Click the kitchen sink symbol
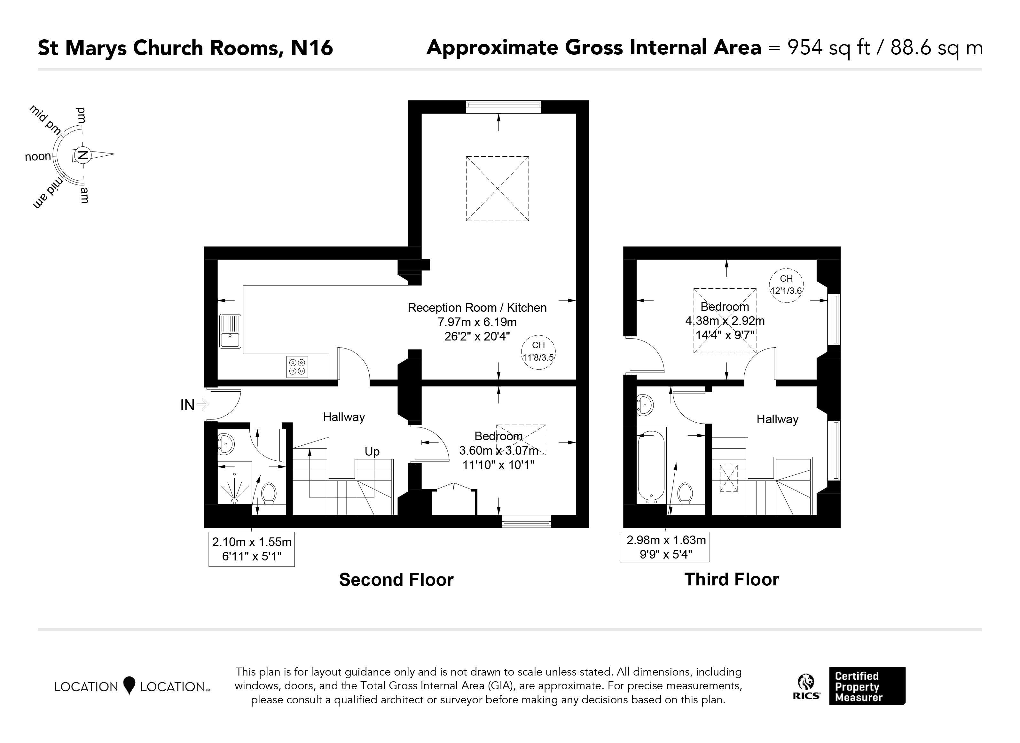[230, 332]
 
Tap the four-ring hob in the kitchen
[297, 367]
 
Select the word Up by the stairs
[372, 451]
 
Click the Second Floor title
[396, 580]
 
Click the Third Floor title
[732, 579]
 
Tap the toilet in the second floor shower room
[269, 493]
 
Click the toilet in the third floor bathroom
[685, 493]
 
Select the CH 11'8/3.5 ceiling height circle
[538, 352]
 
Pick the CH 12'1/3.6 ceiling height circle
[786, 285]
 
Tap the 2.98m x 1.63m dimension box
[665, 547]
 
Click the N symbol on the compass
[82, 155]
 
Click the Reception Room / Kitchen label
[477, 308]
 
